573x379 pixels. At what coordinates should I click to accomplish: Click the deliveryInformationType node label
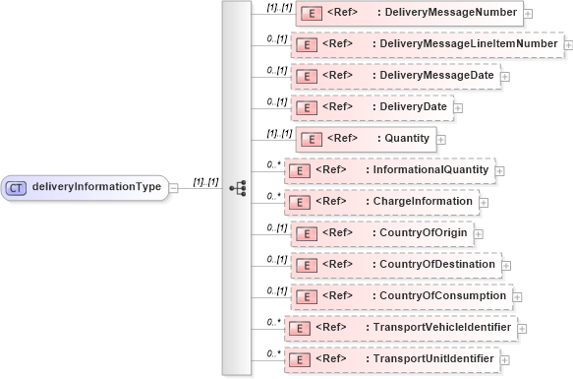[97, 187]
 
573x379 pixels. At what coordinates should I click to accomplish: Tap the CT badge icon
[16, 187]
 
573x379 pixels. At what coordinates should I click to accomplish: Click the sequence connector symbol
[236, 187]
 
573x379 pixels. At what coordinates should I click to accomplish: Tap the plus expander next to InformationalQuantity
[500, 170]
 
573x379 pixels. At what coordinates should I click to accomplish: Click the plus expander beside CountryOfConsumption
[518, 296]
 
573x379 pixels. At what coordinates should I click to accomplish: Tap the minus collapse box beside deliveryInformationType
[174, 187]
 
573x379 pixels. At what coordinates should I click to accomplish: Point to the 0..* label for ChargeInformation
[275, 194]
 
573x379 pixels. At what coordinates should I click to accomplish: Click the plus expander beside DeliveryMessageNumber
[529, 15]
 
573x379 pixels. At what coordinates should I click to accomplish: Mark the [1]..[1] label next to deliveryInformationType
[206, 181]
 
